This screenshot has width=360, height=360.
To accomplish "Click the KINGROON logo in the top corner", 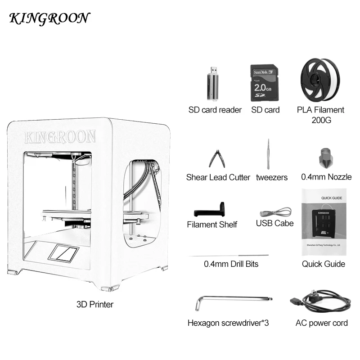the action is click(49, 18).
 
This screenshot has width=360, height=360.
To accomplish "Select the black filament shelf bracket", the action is click(210, 210).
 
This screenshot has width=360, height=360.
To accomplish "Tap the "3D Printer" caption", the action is click(95, 304).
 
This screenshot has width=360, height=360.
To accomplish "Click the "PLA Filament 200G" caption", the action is click(320, 115).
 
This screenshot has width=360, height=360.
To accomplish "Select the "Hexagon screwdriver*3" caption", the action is click(228, 323).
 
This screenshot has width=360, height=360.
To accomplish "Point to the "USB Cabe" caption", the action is click(274, 223).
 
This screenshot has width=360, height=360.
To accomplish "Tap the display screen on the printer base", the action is click(63, 253).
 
